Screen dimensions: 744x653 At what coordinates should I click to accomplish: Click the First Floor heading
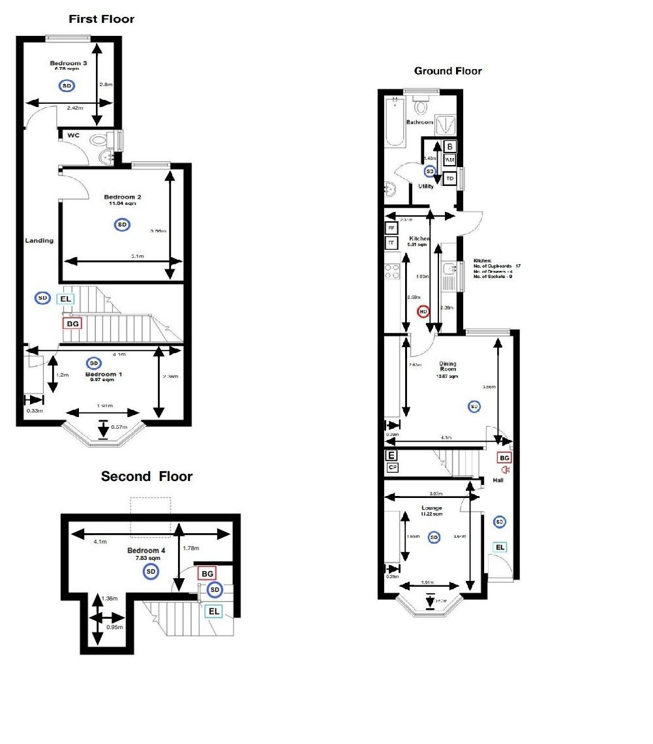102,19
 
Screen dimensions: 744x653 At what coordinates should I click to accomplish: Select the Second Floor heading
146,476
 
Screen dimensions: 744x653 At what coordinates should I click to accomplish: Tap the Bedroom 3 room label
68,63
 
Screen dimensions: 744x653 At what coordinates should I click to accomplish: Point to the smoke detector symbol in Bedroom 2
122,225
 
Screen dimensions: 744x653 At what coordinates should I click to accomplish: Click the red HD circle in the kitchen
423,312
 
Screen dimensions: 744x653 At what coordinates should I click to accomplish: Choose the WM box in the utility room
449,160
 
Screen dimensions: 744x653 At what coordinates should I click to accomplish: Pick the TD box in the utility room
449,178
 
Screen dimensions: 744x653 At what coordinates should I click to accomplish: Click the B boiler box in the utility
449,146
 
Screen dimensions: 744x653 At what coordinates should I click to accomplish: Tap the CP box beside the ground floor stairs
392,467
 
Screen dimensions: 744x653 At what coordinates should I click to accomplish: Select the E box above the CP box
392,456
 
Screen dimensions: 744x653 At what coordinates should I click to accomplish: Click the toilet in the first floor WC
100,140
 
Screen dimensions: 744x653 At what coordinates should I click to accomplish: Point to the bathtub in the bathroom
395,122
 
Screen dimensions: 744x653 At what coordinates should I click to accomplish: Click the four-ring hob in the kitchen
392,271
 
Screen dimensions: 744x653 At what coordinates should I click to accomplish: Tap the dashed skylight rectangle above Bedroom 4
151,514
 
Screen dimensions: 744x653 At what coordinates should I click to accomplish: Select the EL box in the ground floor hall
500,547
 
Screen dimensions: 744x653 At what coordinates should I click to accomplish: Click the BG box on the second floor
207,573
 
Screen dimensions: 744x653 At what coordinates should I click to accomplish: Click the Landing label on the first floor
39,240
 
